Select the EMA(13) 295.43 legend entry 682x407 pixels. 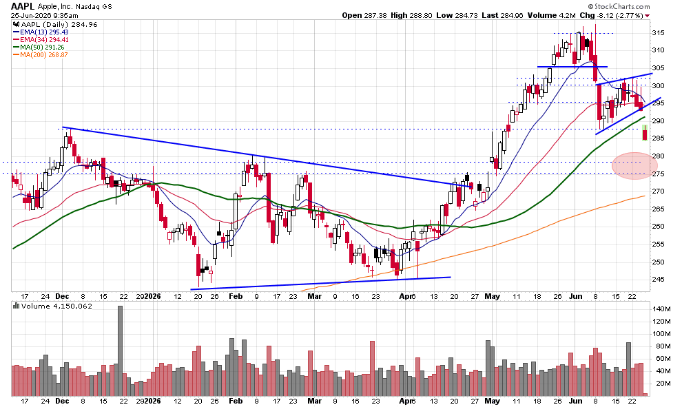(41, 32)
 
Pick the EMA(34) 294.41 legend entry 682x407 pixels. (41, 39)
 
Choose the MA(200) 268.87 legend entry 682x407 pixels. (41, 55)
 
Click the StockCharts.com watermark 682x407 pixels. (619, 6)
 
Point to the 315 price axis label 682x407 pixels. (658, 32)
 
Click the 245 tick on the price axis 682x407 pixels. (658, 279)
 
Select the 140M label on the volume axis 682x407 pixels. (661, 309)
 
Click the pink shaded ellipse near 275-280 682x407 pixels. (634, 166)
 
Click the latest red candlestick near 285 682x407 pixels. (645, 133)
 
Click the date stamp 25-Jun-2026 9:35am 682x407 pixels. (44, 15)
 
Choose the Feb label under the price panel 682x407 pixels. (236, 296)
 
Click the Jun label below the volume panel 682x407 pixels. (576, 401)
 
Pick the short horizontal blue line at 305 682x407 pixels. (572, 67)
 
